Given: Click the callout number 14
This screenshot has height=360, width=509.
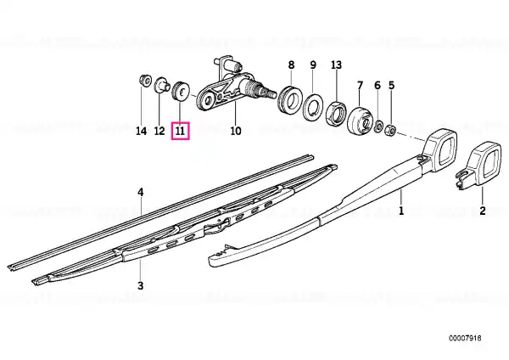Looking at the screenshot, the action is [x=141, y=131].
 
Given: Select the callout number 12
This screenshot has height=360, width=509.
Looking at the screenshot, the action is [x=159, y=131].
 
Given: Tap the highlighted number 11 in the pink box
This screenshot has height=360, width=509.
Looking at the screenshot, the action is [x=180, y=131].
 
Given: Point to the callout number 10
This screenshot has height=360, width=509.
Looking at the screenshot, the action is [x=236, y=131].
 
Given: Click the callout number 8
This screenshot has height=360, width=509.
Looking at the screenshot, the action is [x=291, y=65].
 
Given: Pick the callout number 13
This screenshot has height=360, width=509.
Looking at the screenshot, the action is [x=336, y=65].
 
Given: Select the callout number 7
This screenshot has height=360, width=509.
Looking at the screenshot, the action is [x=360, y=86].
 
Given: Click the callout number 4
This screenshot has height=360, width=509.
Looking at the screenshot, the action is [x=140, y=193].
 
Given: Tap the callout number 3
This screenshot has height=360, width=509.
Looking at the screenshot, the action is [x=140, y=285].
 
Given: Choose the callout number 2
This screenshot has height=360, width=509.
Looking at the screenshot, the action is [x=483, y=211].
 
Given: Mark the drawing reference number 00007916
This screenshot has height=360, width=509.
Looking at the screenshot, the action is [x=465, y=338].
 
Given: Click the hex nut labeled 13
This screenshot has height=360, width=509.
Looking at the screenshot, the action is [x=336, y=111].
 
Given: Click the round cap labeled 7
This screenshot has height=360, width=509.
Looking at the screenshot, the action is [x=360, y=121].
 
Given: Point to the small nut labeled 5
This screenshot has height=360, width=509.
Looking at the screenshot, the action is [x=390, y=131].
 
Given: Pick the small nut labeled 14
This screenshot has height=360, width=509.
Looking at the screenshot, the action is [x=144, y=81].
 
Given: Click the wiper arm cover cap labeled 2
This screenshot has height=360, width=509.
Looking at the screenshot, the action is [x=475, y=165].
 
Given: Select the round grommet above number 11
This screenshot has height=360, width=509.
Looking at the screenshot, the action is [x=181, y=92].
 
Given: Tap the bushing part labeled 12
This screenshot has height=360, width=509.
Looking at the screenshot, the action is [x=162, y=85].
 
